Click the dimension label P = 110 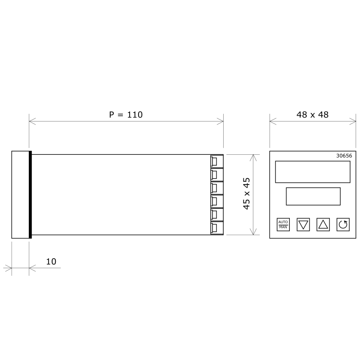(126, 115)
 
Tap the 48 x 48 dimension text (312, 115)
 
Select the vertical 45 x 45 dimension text (247, 194)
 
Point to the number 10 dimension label (51, 261)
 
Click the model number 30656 (344, 156)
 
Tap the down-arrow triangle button (304, 224)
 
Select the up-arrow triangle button (323, 224)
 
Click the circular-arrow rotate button (343, 224)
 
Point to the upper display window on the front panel (312, 171)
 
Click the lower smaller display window (313, 196)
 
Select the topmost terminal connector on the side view (216, 161)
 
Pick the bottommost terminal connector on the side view (216, 228)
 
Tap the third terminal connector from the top (216, 188)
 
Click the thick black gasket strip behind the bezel (30, 194)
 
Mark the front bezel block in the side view (20, 194)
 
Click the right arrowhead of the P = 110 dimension (221, 121)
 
